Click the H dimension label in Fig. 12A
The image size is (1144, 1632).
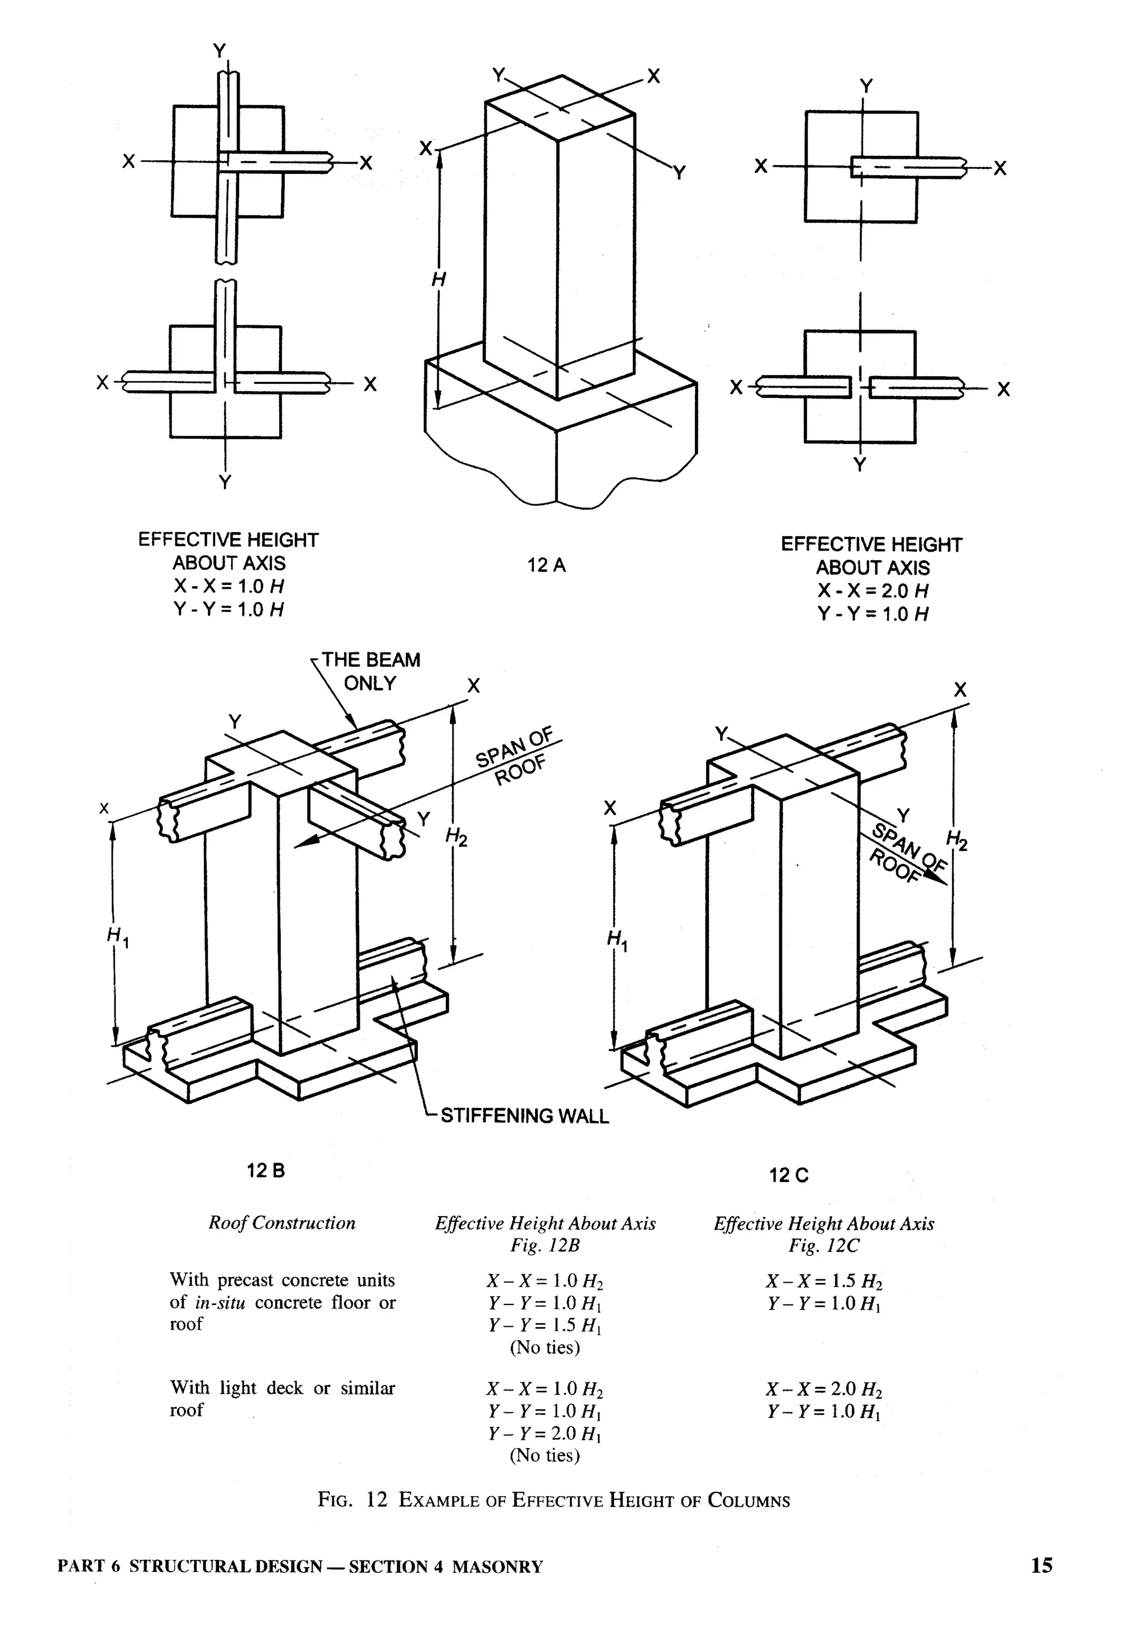point(438,280)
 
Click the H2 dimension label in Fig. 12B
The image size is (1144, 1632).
point(456,838)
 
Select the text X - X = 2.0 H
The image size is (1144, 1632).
point(873,591)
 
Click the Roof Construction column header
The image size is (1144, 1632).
point(282,1222)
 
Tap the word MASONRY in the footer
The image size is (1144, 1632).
point(497,1567)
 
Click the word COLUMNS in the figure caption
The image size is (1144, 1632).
point(749,1501)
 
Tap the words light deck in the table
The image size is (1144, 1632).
point(261,1388)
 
